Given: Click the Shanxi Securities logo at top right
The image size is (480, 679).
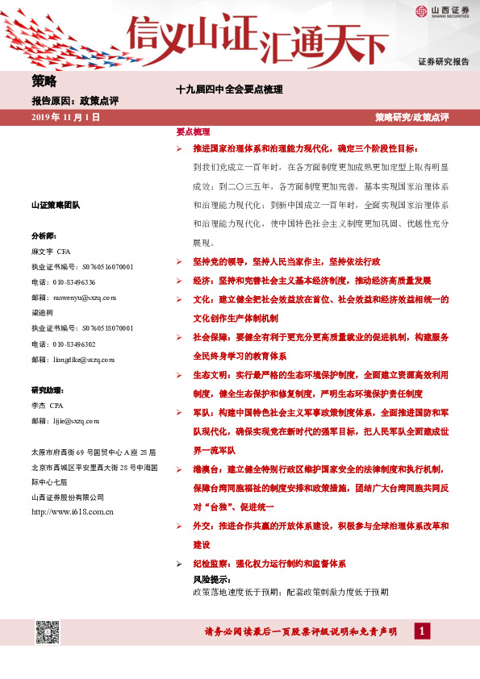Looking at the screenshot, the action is click(442, 10).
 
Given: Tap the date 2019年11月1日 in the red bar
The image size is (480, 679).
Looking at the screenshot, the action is click(65, 117).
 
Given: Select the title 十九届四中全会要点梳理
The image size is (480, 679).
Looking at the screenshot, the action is click(229, 90).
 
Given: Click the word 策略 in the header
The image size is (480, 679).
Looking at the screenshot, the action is click(44, 80).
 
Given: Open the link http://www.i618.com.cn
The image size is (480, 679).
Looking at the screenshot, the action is click(71, 511).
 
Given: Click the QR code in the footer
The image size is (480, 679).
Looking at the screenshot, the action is click(48, 632).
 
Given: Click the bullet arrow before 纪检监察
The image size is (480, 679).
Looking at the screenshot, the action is click(179, 564).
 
